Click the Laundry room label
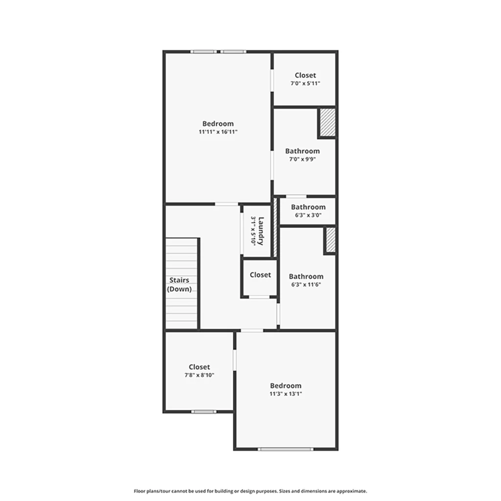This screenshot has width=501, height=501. [x=261, y=231]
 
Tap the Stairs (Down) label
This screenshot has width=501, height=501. [x=179, y=284]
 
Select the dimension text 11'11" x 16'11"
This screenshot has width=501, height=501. [x=218, y=132]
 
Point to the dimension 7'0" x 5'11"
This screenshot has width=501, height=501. [x=305, y=83]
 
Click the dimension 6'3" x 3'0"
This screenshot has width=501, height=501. [x=308, y=215]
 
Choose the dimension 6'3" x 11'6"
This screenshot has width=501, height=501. [x=306, y=284]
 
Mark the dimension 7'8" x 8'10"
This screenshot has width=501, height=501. [x=200, y=375]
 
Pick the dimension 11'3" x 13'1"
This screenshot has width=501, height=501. [x=286, y=394]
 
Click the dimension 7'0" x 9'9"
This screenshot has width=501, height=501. [x=302, y=159]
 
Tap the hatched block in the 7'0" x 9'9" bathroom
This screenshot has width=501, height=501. [x=328, y=122]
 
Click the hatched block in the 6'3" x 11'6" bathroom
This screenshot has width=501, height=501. [x=331, y=240]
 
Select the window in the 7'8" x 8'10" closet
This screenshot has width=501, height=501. [x=204, y=411]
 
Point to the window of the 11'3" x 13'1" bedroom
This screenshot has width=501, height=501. [x=286, y=449]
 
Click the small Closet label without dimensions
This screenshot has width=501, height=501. [x=260, y=275]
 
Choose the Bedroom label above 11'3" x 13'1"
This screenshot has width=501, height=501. [x=286, y=386]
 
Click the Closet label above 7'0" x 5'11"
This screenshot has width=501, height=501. [x=305, y=75]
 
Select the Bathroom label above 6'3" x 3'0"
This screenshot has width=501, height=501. [x=308, y=207]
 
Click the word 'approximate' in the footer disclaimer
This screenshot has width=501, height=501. [x=351, y=491]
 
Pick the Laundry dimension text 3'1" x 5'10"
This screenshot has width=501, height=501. [x=253, y=231]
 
